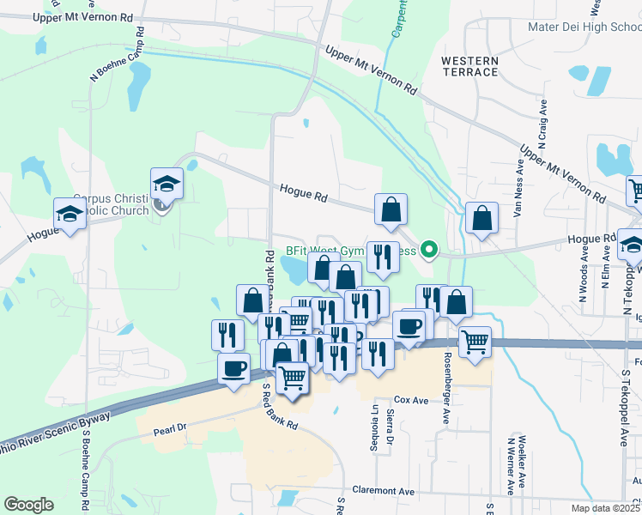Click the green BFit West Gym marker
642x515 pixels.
coord(433,251)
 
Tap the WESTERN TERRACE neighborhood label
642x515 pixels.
coord(469,66)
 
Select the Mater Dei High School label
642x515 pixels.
coord(584,27)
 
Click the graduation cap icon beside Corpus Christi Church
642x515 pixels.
coord(167,184)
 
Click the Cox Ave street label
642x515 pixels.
coord(411,401)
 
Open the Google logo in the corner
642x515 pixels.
coord(28,504)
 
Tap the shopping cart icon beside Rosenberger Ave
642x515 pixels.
coord(475,342)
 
